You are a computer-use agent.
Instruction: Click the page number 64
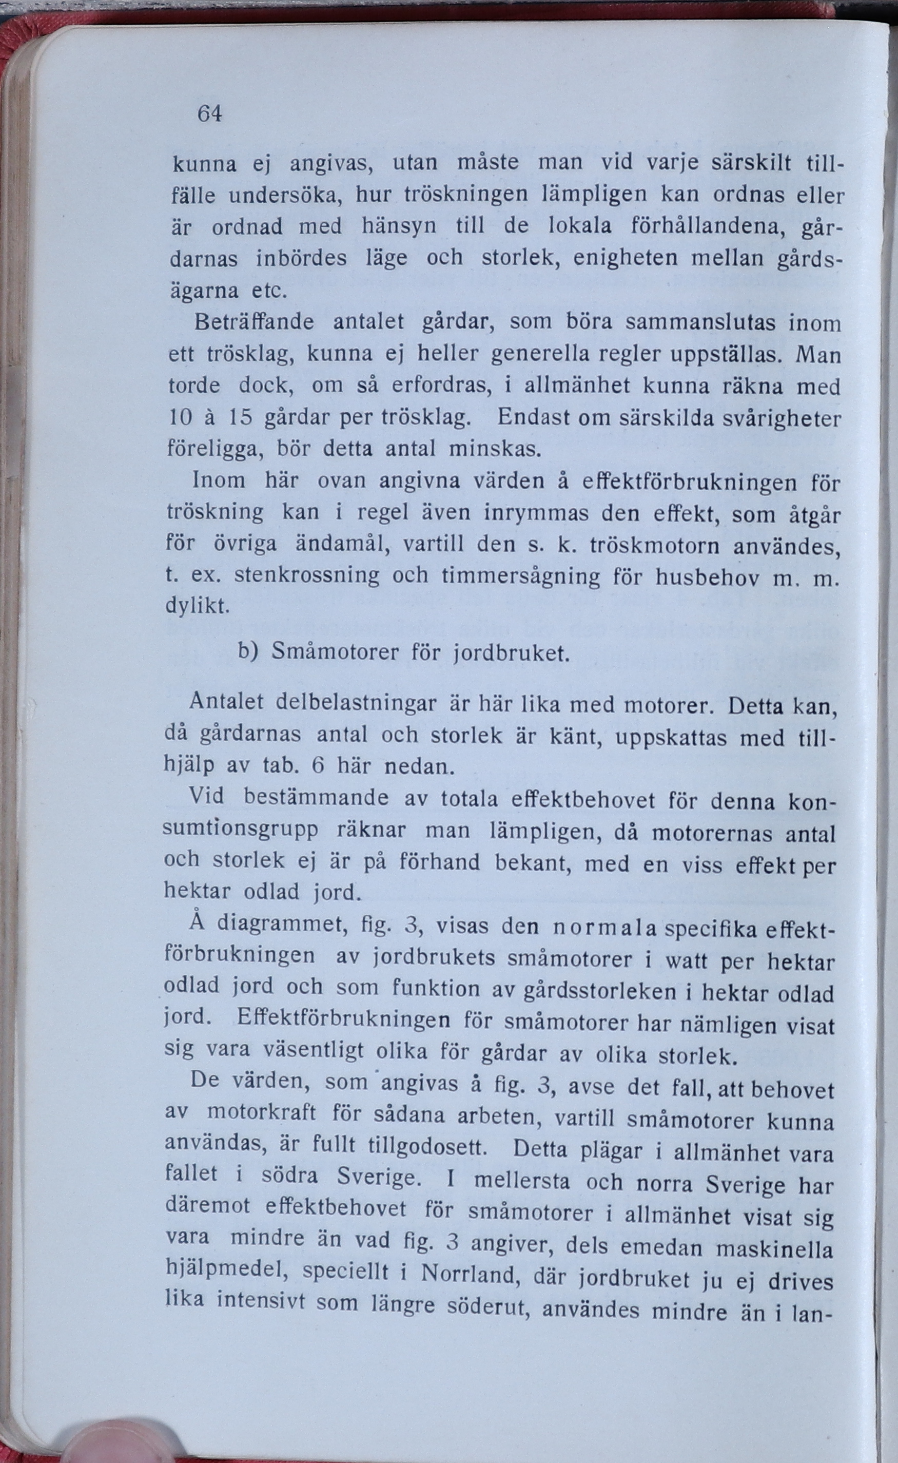[210, 113]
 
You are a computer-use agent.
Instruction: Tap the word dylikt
[197, 606]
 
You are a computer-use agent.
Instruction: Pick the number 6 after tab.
[317, 766]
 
